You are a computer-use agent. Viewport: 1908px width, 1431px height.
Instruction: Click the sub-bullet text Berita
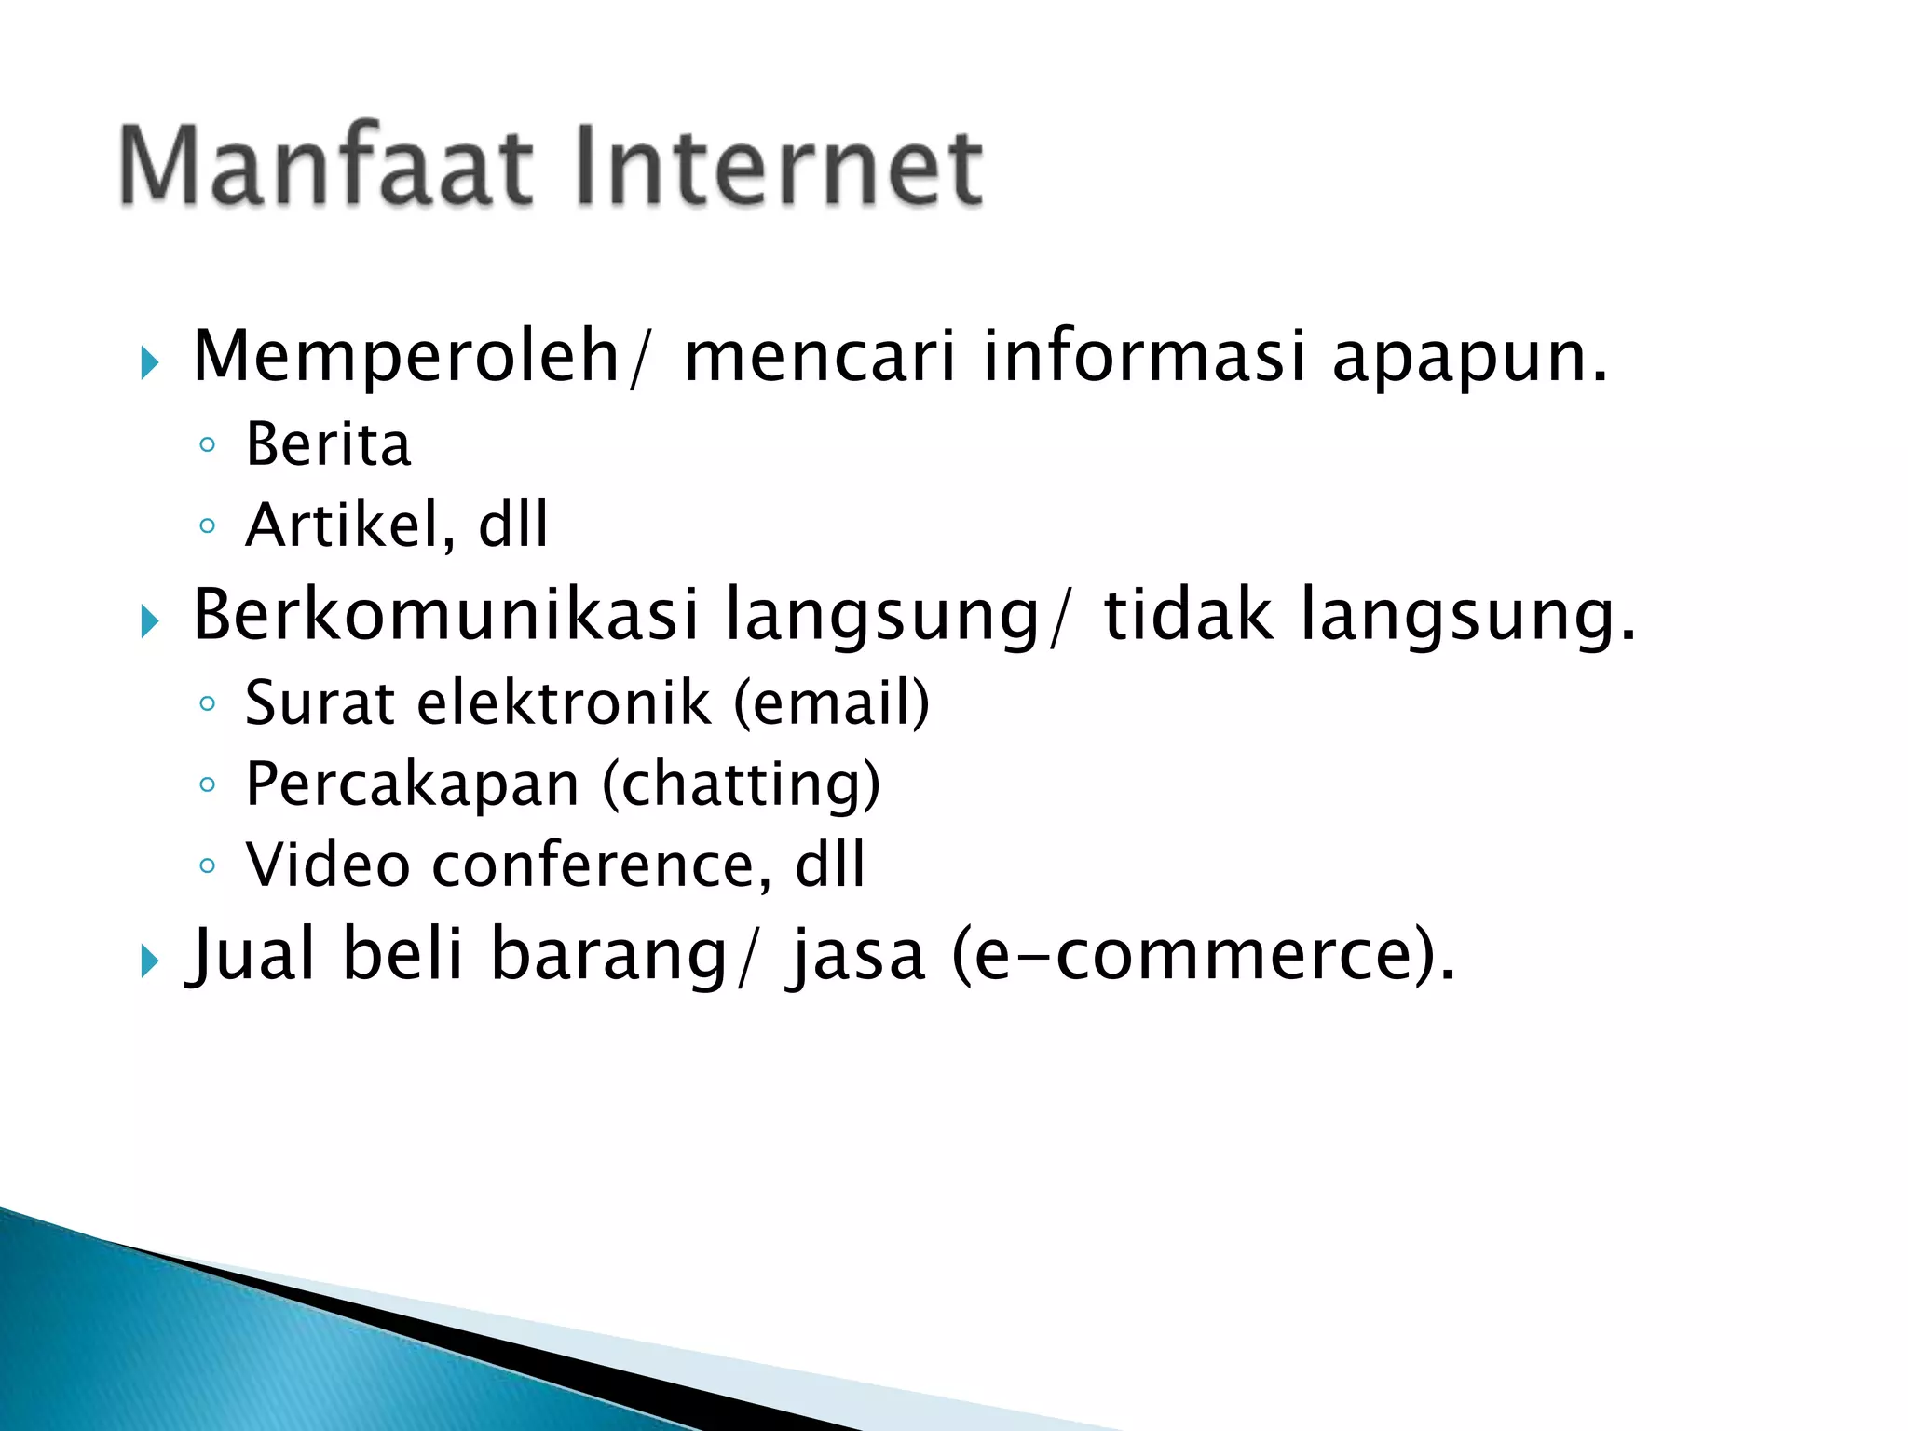(x=328, y=444)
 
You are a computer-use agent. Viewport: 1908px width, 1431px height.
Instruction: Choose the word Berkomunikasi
(x=445, y=615)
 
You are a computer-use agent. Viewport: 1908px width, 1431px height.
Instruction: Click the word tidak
(x=1188, y=615)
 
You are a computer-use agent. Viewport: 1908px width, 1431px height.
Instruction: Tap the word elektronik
(x=565, y=702)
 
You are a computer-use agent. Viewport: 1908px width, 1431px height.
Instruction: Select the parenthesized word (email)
(x=831, y=702)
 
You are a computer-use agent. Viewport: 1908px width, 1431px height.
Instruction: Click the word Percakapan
(x=413, y=784)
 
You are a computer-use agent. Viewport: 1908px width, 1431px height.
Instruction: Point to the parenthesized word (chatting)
(x=741, y=784)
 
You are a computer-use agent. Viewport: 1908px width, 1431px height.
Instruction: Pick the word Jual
(x=252, y=955)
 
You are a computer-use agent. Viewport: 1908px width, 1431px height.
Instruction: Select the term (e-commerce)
(x=1202, y=955)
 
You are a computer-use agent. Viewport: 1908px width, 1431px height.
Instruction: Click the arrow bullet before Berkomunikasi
(x=150, y=620)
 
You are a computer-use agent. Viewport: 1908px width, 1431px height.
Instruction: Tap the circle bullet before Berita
(x=208, y=445)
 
